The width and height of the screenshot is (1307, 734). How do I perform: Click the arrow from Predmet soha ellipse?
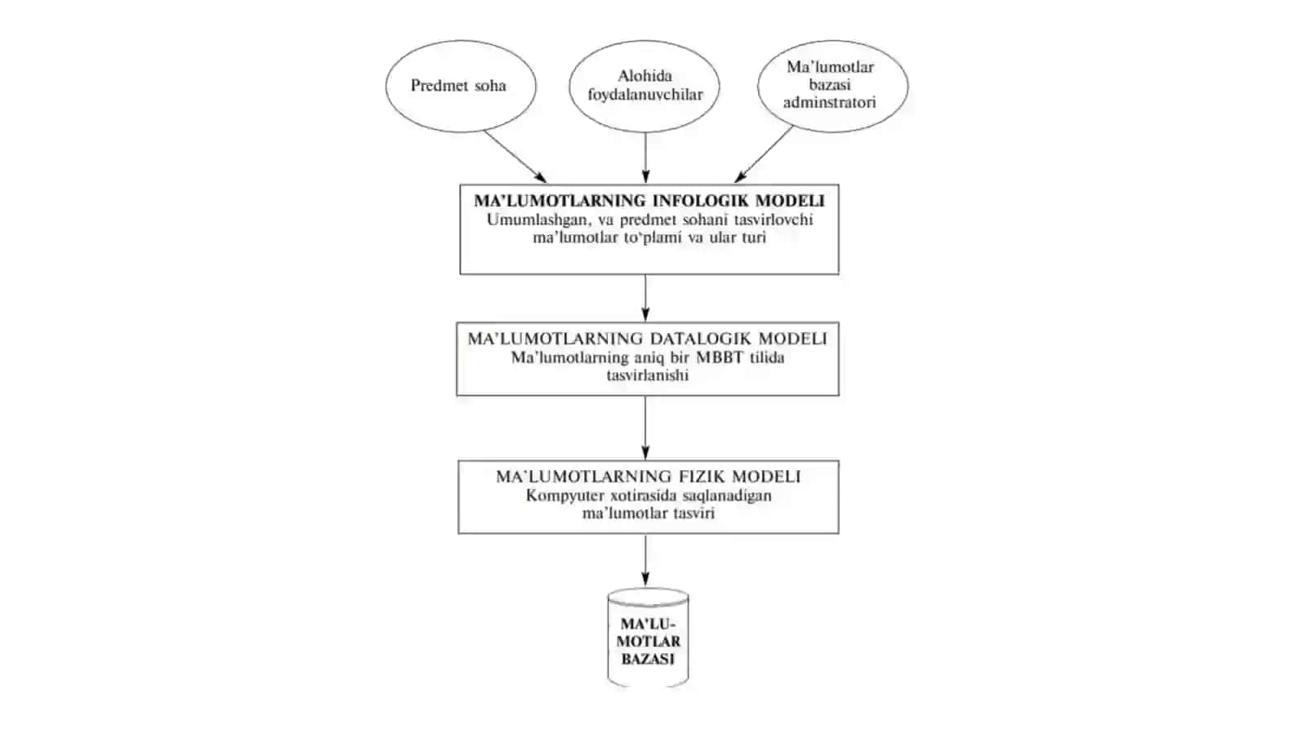(x=515, y=157)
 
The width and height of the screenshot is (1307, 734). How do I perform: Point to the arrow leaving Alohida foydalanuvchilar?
(x=645, y=158)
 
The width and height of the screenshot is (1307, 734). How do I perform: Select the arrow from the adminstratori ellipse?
(x=763, y=154)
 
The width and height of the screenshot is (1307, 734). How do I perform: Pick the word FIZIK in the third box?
(x=702, y=477)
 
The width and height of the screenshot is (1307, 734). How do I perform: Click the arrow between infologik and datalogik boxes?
(x=645, y=298)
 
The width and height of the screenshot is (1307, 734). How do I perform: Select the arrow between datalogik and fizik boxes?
(x=645, y=428)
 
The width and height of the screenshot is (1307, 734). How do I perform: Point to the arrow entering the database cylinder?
(x=645, y=560)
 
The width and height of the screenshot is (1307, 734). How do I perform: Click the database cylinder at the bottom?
(x=648, y=637)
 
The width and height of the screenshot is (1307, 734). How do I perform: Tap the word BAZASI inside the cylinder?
(x=648, y=660)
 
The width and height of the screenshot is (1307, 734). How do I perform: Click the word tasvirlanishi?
(x=648, y=376)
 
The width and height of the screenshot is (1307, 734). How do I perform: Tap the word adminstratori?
(x=830, y=103)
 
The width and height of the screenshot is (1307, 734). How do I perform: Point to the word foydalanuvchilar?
(x=645, y=95)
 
